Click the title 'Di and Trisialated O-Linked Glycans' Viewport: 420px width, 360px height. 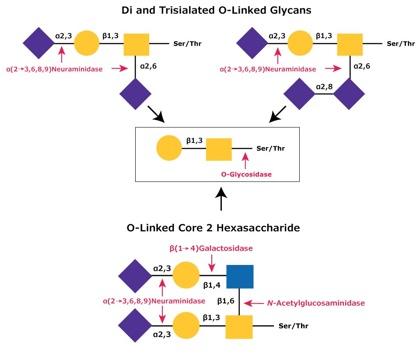(211, 10)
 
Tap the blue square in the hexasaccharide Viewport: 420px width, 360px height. (240, 277)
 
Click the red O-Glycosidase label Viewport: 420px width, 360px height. (246, 174)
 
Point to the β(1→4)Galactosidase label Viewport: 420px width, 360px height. (211, 248)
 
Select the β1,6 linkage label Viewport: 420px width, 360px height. (226, 301)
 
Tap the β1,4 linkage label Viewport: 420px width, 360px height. (212, 285)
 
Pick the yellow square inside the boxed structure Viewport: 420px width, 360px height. (218, 148)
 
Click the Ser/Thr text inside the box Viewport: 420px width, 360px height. (270, 148)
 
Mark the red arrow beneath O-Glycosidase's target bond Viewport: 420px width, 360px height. (245, 160)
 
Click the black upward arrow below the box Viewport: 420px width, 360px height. (222, 199)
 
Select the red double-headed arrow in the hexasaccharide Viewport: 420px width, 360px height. (163, 301)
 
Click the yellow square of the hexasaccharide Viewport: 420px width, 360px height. (239, 327)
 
